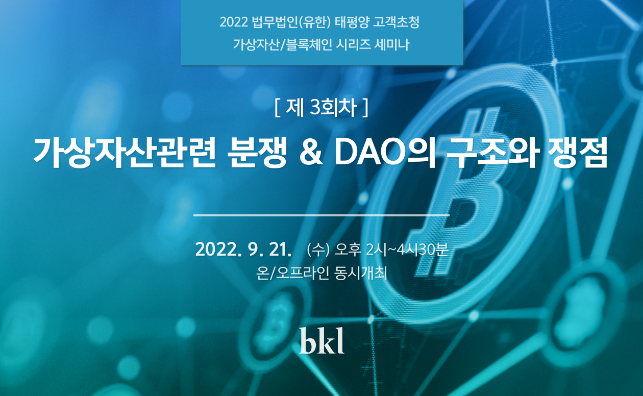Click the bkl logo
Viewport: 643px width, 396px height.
click(321, 341)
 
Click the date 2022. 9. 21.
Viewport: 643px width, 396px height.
click(243, 250)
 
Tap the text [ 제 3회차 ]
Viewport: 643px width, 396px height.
click(321, 108)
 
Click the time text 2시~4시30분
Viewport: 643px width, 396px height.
click(407, 250)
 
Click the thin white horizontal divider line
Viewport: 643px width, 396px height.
click(321, 215)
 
